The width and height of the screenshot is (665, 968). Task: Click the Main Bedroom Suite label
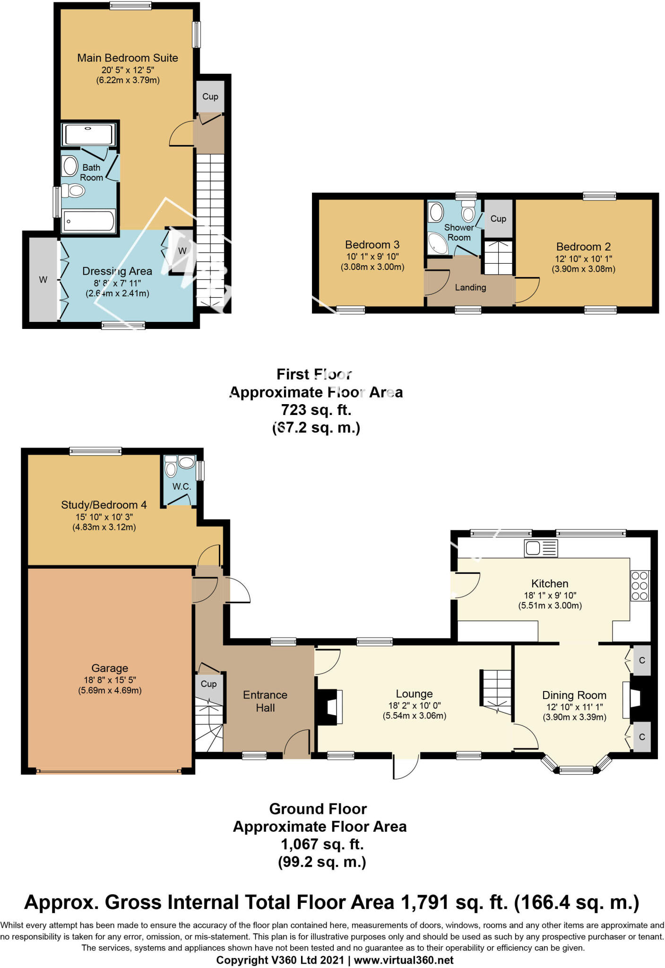point(128,58)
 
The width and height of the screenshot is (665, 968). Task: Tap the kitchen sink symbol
point(541,548)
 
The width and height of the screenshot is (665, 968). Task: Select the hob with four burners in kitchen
point(639,586)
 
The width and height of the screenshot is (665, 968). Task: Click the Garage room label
point(110,668)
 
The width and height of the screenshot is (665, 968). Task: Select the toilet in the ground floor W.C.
point(171,468)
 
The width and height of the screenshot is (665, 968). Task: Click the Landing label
point(470,287)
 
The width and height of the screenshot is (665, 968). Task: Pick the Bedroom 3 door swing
point(437,283)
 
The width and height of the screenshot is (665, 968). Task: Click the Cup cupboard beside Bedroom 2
point(498,219)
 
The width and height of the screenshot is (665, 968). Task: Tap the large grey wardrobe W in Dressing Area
point(43,280)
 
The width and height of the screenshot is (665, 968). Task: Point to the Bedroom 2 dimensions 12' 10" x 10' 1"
point(583,259)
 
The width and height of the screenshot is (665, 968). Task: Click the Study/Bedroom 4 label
point(104,505)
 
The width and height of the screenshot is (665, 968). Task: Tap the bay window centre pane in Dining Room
point(576,771)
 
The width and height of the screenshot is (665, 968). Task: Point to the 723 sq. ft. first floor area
point(316,409)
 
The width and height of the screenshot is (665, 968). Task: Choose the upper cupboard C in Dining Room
point(641,660)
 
